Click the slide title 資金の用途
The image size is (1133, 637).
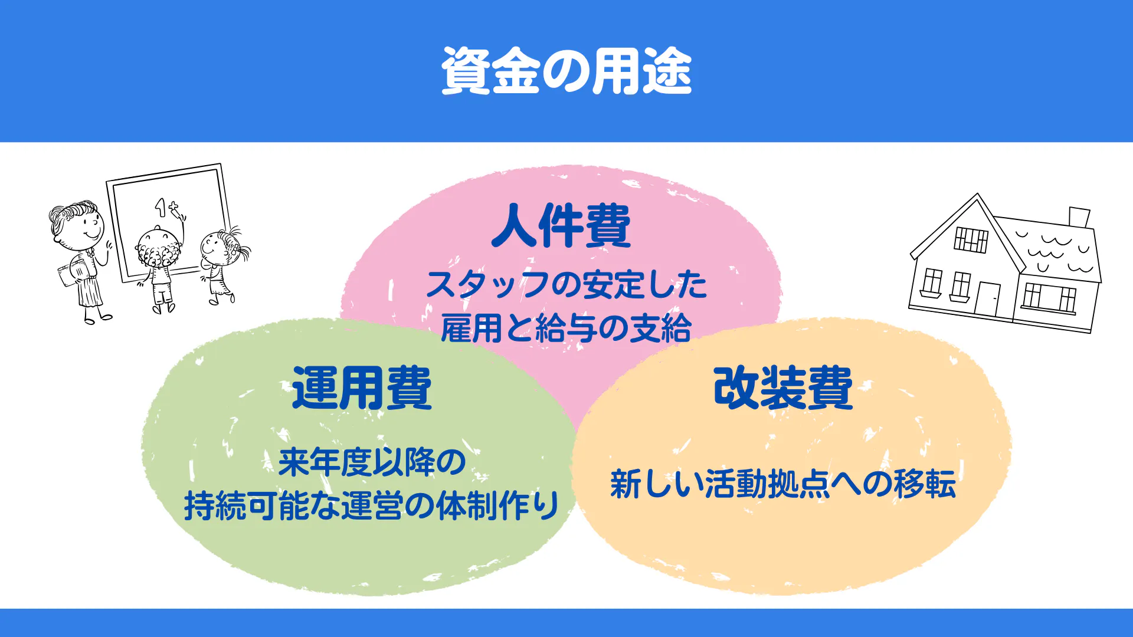tap(566, 71)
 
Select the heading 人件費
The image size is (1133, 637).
tap(561, 225)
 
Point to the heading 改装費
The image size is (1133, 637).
tap(783, 388)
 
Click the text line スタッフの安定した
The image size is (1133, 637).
tap(566, 284)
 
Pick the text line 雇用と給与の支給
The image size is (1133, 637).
tap(566, 328)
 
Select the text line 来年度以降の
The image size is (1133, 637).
tap(372, 462)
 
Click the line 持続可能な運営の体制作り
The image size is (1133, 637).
tap(372, 505)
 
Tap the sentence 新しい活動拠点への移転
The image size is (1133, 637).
tap(783, 484)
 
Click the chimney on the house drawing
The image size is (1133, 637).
tap(1079, 217)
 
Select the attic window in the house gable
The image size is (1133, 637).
tap(971, 239)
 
